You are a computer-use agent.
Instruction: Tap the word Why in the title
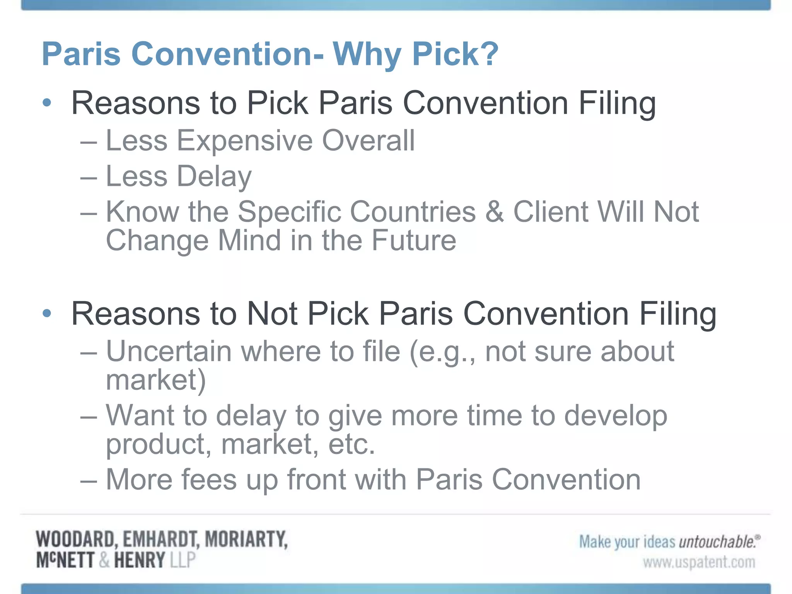[x=366, y=54]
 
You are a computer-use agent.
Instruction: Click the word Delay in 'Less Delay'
[x=214, y=176]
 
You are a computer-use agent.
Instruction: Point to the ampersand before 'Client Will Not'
[x=494, y=212]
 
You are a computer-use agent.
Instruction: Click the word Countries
[x=356, y=212]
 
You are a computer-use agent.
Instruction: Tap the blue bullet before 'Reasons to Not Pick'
[x=47, y=313]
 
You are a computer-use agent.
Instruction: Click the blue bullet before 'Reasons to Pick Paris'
[x=47, y=103]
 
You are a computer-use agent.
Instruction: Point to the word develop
[x=616, y=416]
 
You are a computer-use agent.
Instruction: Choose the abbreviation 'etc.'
[x=352, y=444]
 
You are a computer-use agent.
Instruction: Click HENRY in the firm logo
[x=140, y=560]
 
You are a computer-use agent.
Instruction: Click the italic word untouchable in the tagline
[x=717, y=542]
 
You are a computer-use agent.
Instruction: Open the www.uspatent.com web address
[x=699, y=562]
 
